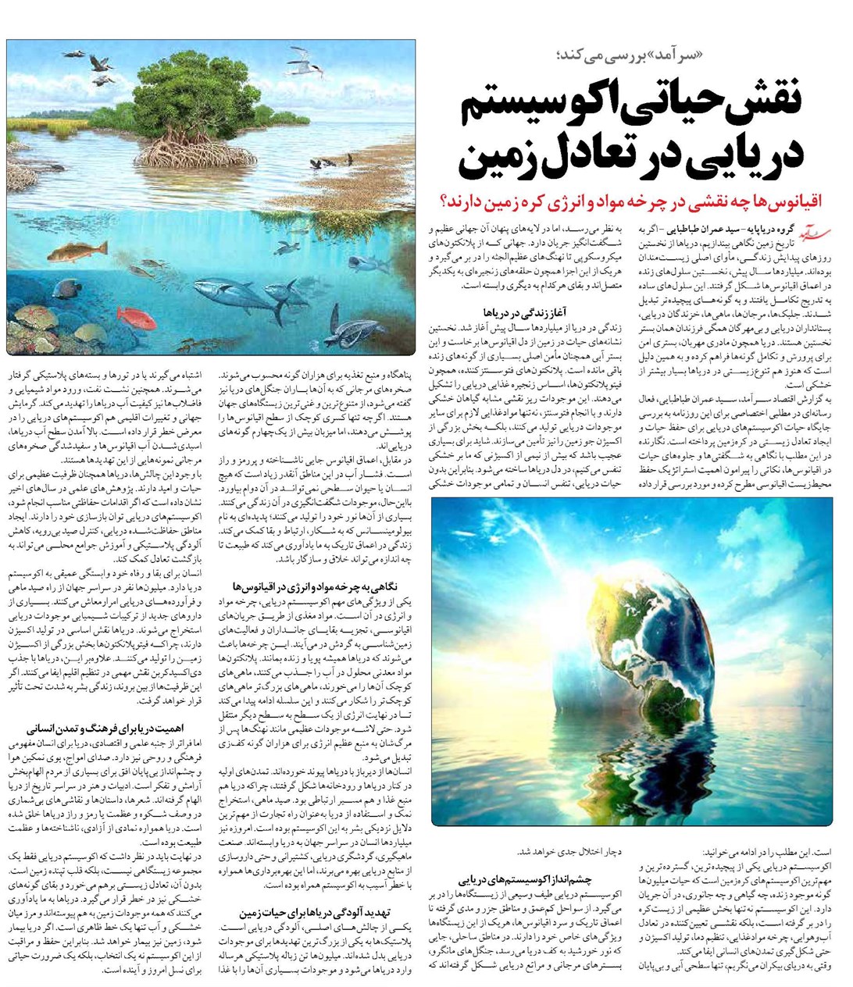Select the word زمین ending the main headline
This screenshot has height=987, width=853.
500,156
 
